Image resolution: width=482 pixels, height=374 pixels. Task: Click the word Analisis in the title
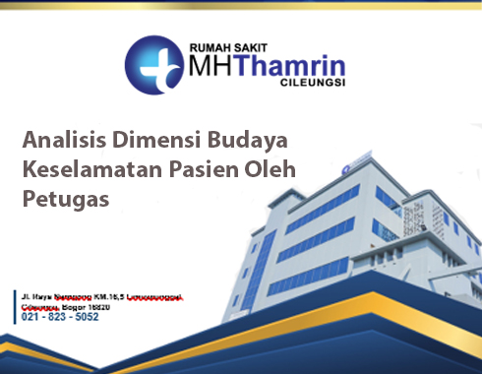pyautogui.click(x=61, y=138)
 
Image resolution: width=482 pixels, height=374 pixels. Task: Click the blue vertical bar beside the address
pyautogui.click(x=18, y=305)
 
